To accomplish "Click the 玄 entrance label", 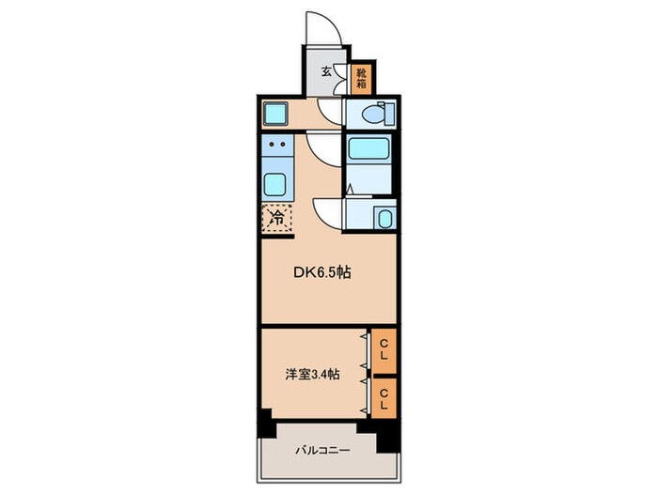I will point(326,71).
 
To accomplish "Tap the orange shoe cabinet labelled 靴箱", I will point(360,78).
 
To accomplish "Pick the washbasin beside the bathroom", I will point(384,219).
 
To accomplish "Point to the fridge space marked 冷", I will point(277,218).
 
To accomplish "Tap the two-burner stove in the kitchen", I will point(277,146).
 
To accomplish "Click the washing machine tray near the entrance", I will point(277,115).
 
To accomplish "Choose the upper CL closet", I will point(384,349).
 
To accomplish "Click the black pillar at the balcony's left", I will point(266,424).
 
